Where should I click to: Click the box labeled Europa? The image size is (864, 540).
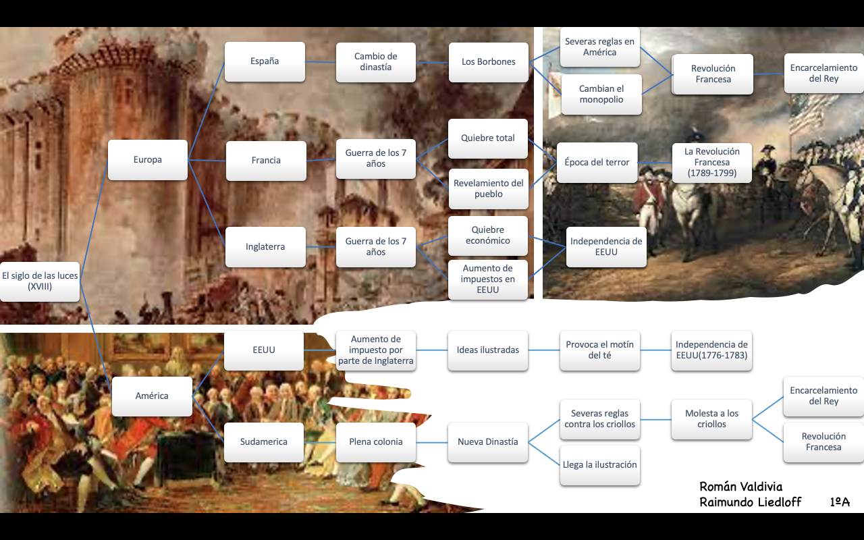point(148,160)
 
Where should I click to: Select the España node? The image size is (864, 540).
point(265,61)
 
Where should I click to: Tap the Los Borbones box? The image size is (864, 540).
point(488,62)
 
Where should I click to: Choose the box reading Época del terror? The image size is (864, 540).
point(597,163)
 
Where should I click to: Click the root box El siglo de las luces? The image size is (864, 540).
point(40,281)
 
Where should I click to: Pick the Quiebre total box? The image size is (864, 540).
point(488,138)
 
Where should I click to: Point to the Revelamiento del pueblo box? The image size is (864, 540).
point(488,189)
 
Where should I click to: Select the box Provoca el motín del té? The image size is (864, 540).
point(600,350)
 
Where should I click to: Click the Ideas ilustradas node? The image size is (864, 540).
point(488,350)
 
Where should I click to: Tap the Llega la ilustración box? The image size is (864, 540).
point(600,465)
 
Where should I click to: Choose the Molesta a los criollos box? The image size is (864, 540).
point(711,419)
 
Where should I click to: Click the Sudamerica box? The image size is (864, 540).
point(264,442)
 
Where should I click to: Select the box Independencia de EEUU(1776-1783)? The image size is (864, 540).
point(711,350)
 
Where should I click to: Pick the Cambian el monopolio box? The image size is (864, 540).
point(601,94)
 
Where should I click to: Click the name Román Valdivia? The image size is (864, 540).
point(741,487)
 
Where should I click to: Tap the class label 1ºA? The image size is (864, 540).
point(840,502)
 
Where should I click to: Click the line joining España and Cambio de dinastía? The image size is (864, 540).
point(321,62)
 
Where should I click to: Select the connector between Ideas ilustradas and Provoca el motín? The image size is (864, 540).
point(544,350)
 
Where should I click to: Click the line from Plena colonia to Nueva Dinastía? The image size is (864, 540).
point(432,442)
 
